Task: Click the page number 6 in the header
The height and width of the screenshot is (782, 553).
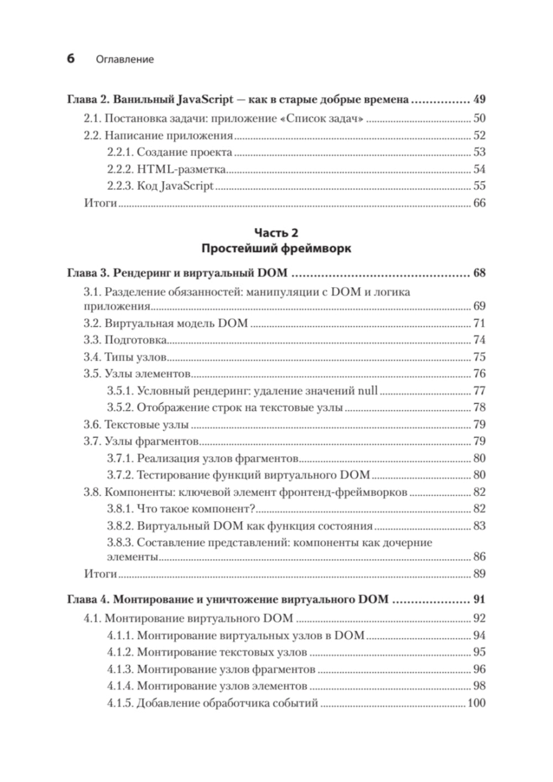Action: pyautogui.click(x=71, y=58)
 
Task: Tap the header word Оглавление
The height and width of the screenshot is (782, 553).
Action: pyautogui.click(x=124, y=59)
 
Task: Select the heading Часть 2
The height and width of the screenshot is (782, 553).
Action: pyautogui.click(x=276, y=233)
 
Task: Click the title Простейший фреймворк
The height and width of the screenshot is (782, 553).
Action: pyautogui.click(x=276, y=248)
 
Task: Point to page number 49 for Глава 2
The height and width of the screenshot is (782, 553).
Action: pyautogui.click(x=479, y=100)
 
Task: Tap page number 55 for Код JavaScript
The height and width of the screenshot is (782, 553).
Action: pyautogui.click(x=479, y=186)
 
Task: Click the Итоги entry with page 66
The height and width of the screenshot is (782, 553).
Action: pyautogui.click(x=100, y=203)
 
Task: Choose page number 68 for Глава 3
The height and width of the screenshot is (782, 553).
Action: pyautogui.click(x=479, y=273)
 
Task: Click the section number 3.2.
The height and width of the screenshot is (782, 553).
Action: pyautogui.click(x=91, y=323)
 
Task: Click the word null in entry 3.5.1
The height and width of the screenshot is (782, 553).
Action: pyautogui.click(x=368, y=391)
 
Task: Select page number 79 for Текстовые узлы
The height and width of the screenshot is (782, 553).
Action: pyautogui.click(x=479, y=424)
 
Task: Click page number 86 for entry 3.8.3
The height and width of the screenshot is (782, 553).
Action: pyautogui.click(x=479, y=557)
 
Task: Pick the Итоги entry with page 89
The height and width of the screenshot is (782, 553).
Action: pyautogui.click(x=100, y=573)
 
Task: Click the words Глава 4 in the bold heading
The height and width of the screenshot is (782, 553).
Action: pyautogui.click(x=86, y=599)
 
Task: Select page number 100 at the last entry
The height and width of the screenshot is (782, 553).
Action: pyautogui.click(x=476, y=703)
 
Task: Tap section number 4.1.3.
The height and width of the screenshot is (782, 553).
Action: pyautogui.click(x=120, y=670)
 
